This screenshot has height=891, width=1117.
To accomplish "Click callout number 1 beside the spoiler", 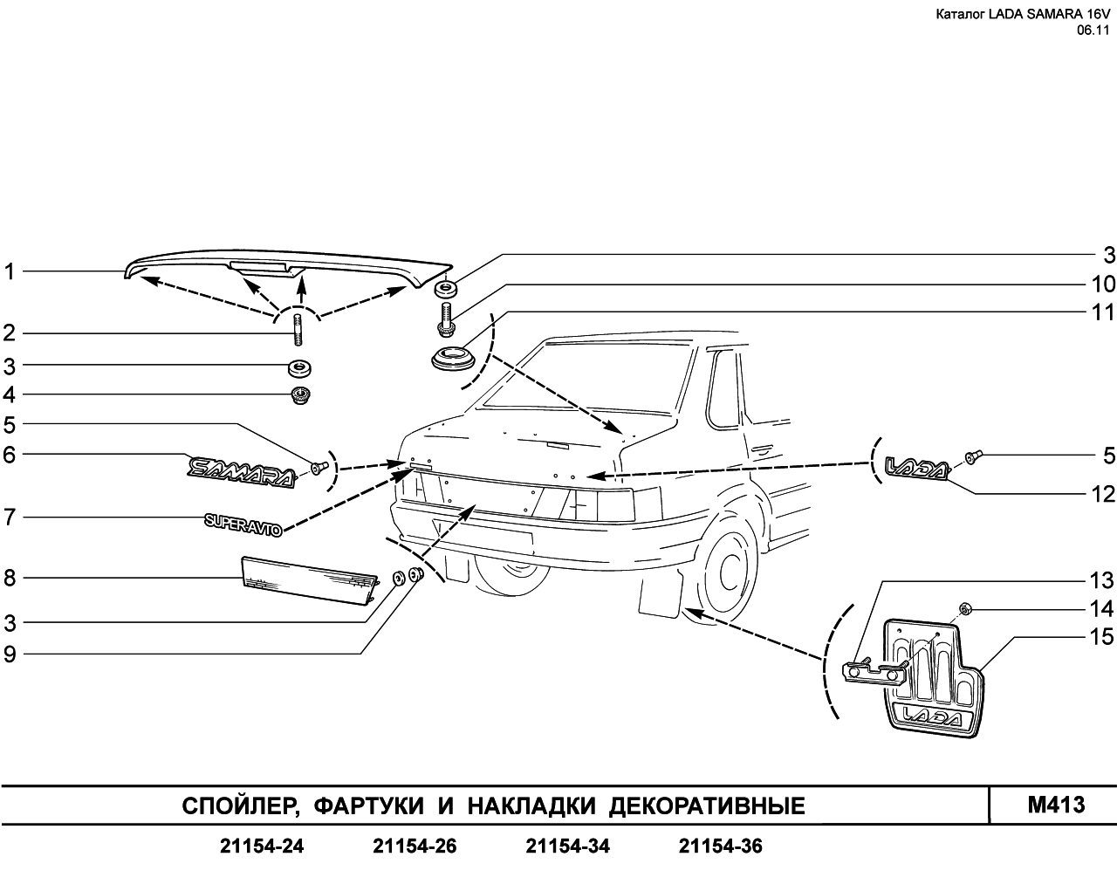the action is click(x=10, y=271).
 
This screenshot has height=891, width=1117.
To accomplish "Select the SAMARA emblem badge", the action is click(x=242, y=472).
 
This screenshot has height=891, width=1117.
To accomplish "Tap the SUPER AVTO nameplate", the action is click(x=243, y=524).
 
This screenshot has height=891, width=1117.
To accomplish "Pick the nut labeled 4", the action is click(x=300, y=395).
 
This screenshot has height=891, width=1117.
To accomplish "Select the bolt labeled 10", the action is click(x=447, y=321).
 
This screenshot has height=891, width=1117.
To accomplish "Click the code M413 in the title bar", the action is click(x=1056, y=805).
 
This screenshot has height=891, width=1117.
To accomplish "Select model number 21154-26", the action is click(x=415, y=846).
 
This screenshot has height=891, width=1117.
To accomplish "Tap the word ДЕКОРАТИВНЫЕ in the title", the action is click(x=707, y=806).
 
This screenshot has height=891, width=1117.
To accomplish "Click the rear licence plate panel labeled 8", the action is click(x=310, y=580).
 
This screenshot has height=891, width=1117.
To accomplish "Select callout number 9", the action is click(x=10, y=655).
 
